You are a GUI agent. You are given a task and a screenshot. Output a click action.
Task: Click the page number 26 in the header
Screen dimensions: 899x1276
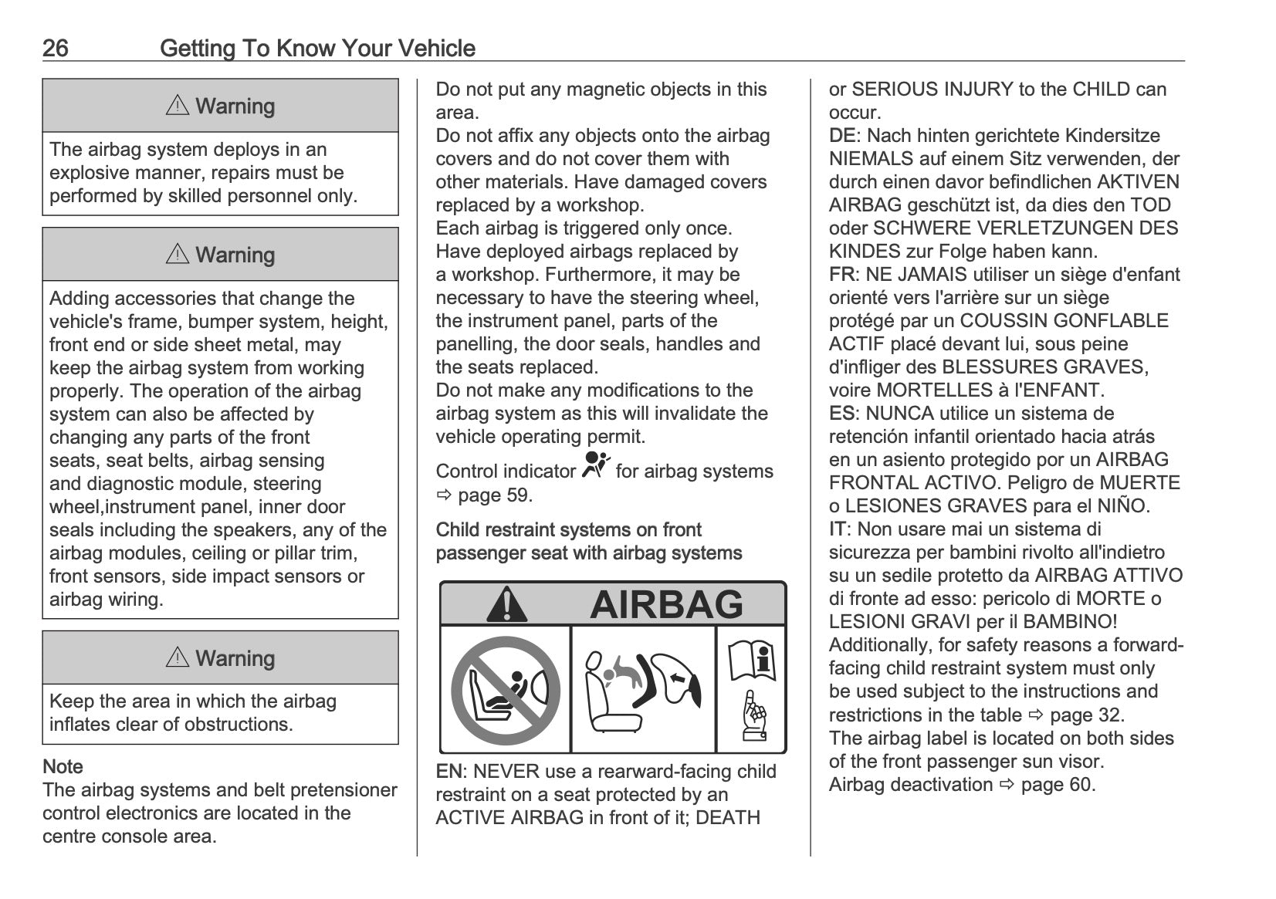(56, 49)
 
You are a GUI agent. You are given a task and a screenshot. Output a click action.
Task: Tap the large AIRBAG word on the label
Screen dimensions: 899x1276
(666, 604)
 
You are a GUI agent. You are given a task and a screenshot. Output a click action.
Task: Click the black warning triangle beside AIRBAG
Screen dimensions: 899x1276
(507, 604)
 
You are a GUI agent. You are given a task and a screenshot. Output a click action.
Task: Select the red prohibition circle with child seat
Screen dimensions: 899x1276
(506, 690)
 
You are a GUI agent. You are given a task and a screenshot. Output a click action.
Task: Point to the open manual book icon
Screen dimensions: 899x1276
(751, 661)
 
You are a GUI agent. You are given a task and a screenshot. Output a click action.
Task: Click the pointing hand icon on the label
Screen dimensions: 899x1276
(752, 717)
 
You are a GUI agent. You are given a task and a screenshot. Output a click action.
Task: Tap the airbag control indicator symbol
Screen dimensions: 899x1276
(595, 466)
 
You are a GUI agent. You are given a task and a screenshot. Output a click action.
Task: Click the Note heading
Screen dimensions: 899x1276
(63, 767)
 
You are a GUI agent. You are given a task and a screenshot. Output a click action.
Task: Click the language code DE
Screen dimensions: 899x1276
(842, 136)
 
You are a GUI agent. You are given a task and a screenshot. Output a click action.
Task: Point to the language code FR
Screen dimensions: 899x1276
(841, 275)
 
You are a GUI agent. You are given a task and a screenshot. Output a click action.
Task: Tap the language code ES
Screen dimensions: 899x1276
(842, 414)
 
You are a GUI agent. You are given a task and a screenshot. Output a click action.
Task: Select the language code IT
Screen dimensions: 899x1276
(838, 529)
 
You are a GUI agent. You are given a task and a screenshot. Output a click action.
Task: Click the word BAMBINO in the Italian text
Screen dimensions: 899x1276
(1071, 622)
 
